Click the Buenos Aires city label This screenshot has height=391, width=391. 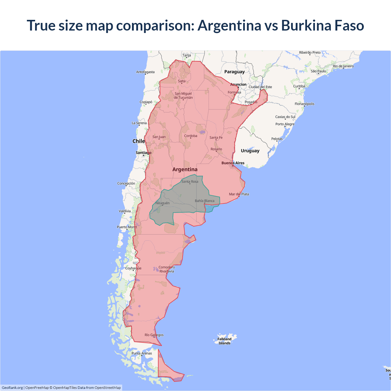click(x=233, y=163)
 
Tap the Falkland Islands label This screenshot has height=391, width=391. click(x=225, y=341)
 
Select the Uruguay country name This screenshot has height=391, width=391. click(x=250, y=151)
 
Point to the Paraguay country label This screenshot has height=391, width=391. click(x=234, y=72)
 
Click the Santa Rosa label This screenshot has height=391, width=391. click(x=190, y=181)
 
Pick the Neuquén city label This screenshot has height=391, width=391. click(x=163, y=203)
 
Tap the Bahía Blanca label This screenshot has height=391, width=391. click(x=205, y=201)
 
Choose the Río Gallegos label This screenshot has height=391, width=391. click(x=154, y=335)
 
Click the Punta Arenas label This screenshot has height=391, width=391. click(x=142, y=353)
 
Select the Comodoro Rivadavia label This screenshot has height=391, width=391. click(x=166, y=269)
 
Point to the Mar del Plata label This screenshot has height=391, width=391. click(x=239, y=194)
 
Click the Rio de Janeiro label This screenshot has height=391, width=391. click(x=343, y=66)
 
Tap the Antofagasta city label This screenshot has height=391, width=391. click(x=145, y=72)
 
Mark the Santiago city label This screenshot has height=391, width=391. click(x=144, y=153)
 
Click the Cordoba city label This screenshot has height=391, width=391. click(x=191, y=136)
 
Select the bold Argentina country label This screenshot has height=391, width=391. click(x=185, y=170)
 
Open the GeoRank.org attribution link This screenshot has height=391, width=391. click(x=12, y=388)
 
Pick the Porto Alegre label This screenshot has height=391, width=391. click(x=285, y=124)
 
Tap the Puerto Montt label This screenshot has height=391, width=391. click(x=127, y=227)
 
